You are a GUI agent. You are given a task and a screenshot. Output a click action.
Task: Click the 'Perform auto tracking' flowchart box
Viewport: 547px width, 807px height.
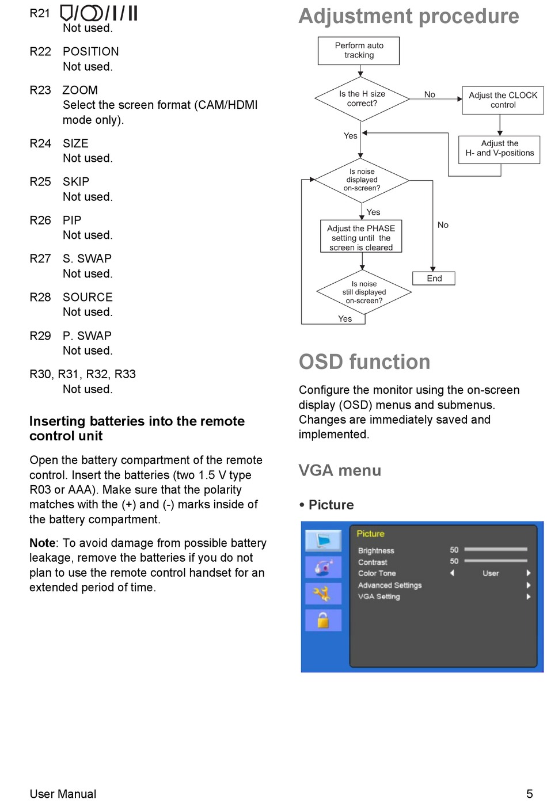[359, 51]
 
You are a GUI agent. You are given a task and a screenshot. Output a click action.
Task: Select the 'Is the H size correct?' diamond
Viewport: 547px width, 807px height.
[362, 98]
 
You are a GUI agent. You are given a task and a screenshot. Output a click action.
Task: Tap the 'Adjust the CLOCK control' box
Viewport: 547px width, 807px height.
[503, 100]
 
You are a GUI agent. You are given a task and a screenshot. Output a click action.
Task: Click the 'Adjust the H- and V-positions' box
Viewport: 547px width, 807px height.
[499, 150]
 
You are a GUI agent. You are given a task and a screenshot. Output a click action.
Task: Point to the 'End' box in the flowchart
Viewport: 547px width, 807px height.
[434, 279]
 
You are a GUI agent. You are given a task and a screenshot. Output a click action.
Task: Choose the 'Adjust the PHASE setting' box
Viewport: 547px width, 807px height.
[361, 237]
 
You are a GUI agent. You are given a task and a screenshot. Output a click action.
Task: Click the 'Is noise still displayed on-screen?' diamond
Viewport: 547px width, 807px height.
[364, 292]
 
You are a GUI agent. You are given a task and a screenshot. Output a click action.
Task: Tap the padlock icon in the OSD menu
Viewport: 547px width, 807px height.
[323, 621]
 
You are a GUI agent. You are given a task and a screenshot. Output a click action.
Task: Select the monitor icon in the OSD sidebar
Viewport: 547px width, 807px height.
[323, 540]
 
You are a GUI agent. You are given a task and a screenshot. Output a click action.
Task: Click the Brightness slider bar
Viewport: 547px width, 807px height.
[496, 549]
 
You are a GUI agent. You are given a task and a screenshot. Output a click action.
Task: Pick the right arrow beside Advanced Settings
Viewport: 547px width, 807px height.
[528, 585]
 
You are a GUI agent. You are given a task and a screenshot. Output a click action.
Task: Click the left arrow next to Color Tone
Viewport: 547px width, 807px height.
[452, 573]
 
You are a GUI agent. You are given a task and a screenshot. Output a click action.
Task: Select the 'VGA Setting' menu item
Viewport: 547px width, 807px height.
[379, 596]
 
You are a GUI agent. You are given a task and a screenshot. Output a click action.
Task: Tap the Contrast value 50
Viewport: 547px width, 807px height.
[454, 561]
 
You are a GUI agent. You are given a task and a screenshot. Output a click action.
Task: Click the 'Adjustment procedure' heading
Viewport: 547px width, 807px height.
[409, 16]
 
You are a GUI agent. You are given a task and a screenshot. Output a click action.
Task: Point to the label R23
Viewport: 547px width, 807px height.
[40, 90]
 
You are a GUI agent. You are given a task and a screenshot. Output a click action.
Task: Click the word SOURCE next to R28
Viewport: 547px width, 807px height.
[88, 297]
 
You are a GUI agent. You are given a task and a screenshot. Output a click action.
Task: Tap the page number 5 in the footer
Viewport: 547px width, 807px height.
[529, 794]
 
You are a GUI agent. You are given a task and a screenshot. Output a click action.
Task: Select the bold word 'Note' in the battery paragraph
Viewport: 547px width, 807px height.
[43, 543]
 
